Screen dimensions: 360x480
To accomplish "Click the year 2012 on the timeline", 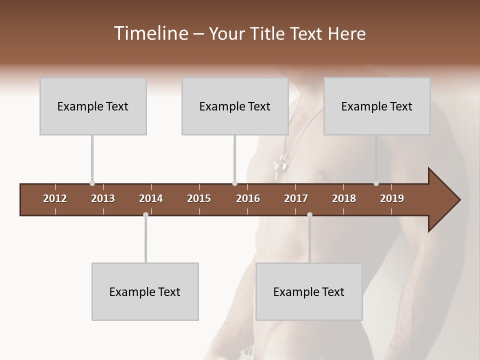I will coord(55,198).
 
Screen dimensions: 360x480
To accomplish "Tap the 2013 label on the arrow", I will coord(103,198).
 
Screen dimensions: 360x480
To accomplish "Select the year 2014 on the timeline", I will coord(151,198).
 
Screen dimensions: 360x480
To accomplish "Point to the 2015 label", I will coord(199,198).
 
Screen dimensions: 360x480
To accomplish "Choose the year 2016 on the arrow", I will coord(248,198).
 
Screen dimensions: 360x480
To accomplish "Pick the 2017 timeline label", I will coord(296,198).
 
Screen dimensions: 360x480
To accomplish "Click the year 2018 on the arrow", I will coord(344,198).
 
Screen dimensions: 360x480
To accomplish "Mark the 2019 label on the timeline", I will coord(392,198).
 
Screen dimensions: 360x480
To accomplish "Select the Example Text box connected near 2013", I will coord(93,106).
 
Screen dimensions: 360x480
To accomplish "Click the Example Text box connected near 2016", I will coord(235,106).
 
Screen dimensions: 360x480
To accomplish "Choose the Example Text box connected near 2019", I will coord(377,106).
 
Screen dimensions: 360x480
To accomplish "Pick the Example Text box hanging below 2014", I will coord(145,291).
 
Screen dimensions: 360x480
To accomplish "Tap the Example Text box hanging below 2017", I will coord(309,291).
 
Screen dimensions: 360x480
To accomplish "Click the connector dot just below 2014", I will coord(145,214).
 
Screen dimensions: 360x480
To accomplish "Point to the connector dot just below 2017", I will coord(309,214).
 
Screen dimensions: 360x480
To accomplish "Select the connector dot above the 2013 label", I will coord(92,183).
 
